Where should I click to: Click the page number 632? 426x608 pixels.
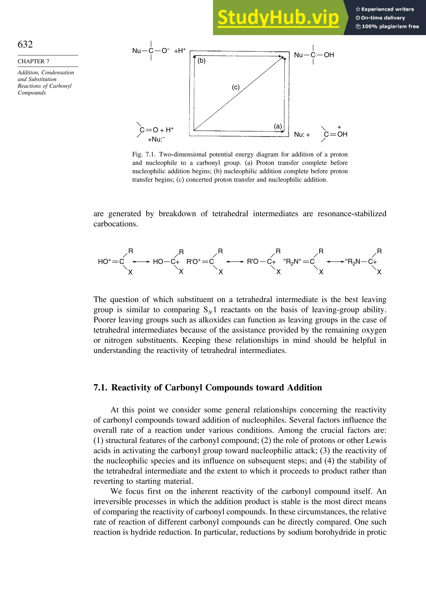(25, 44)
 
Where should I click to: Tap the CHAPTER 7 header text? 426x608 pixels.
(33, 62)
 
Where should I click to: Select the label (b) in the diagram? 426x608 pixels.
(202, 61)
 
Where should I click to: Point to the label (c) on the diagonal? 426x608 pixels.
(236, 87)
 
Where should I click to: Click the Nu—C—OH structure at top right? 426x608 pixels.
(314, 55)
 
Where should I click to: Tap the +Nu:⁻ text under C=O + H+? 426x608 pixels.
(156, 139)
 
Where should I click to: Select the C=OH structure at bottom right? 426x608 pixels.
(335, 134)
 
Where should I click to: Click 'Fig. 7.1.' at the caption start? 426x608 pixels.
(144, 154)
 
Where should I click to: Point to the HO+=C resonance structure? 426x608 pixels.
(111, 262)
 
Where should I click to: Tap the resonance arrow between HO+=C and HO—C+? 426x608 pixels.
(141, 262)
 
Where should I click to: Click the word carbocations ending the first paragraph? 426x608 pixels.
(116, 224)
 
